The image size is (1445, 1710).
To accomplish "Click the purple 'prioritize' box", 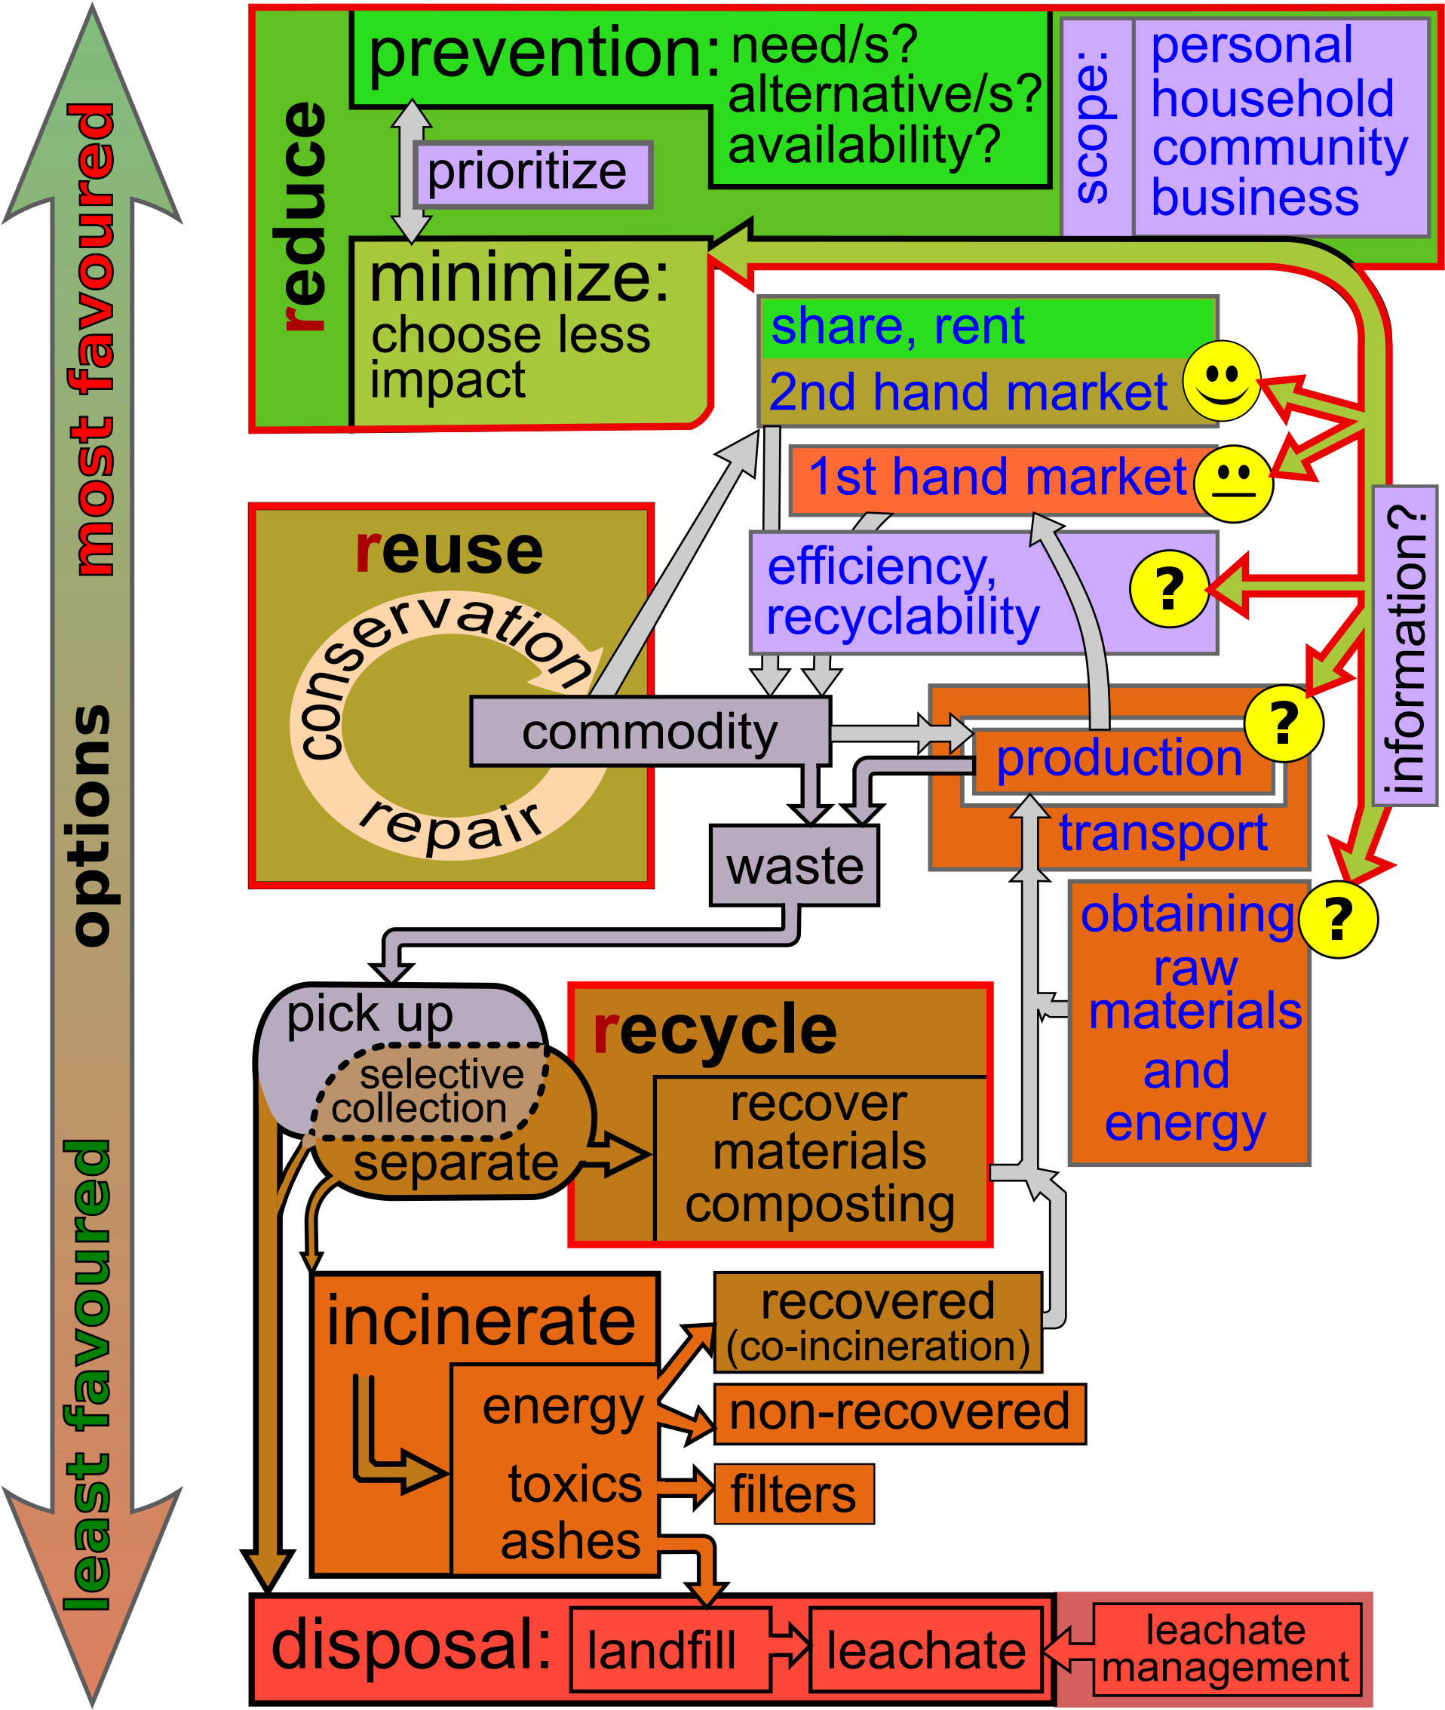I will [533, 174].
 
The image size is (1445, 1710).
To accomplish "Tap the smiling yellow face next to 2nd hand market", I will [1220, 381].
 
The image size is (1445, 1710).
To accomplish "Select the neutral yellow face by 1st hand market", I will [1232, 484].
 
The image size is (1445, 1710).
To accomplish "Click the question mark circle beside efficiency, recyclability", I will [1169, 588].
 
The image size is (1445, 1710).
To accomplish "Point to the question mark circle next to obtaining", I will [1337, 919].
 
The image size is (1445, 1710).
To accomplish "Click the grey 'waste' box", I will [793, 865].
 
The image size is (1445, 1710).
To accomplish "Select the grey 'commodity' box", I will [649, 732].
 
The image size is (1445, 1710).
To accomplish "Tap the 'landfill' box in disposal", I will [670, 1650].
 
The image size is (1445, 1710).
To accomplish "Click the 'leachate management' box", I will [1226, 1649].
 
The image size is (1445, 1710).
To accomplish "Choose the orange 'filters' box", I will [793, 1494].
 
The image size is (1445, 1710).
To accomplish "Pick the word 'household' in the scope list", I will [1272, 98].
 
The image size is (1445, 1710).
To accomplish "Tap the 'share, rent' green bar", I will [986, 327].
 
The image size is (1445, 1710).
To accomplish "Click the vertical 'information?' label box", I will [1404, 646].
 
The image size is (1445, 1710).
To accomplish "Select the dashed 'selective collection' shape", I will [430, 1091].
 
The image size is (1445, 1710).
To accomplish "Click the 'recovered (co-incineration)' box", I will [878, 1322].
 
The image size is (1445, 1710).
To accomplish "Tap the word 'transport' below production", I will [1162, 834].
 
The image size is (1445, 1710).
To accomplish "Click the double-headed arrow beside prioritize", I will [410, 170].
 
